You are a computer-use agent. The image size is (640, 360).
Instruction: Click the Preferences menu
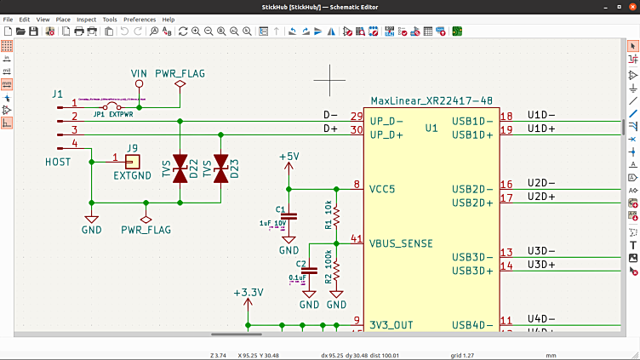coord(140,19)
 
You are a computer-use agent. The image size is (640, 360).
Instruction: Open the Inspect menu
coord(86,19)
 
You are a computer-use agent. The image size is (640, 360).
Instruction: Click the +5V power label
coord(289,157)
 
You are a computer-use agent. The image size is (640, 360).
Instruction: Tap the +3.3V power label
coord(249,293)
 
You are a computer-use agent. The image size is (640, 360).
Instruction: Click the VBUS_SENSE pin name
coord(401,243)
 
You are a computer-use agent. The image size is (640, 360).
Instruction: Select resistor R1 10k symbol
coord(336,218)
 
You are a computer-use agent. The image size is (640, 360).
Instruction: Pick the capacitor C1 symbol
coord(289,216)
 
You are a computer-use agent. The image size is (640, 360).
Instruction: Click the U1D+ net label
coord(541,129)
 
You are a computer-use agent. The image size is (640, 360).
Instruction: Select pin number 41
coord(357,239)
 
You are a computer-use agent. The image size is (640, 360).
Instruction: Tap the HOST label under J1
coord(58,161)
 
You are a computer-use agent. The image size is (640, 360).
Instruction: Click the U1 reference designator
coord(431,129)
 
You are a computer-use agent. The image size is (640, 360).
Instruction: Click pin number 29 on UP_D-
coord(357,117)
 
